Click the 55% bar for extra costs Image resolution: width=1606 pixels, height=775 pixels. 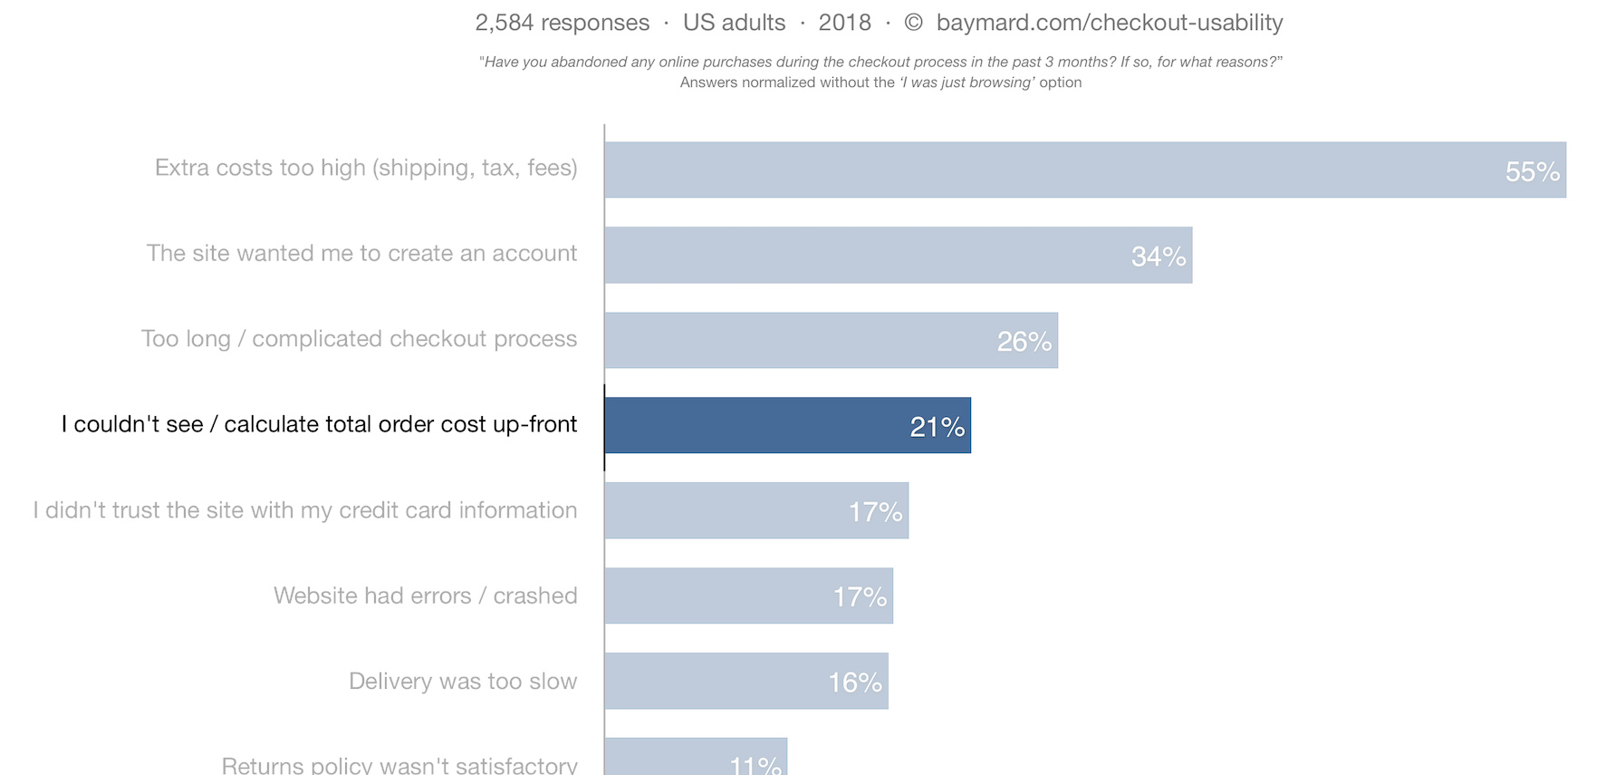coord(1084,170)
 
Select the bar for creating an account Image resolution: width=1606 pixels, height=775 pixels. coord(898,255)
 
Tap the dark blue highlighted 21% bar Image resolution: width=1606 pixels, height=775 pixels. coord(787,425)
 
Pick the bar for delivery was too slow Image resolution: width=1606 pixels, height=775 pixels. coord(745,681)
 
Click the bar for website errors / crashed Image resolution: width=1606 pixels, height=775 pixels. coord(748,596)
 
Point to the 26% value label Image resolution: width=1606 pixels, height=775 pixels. coord(1024,342)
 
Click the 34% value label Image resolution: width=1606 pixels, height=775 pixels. coord(1159,257)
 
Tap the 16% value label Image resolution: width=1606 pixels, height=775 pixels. coord(855,683)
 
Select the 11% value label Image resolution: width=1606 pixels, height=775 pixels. coord(755,765)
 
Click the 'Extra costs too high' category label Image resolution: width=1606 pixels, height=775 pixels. coord(366,168)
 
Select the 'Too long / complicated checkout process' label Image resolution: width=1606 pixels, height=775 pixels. coord(359,339)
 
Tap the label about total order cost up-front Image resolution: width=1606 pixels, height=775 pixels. coord(319,424)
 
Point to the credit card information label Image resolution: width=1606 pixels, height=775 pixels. coord(305,510)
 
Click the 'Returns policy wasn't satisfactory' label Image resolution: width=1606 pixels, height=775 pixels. coord(399,765)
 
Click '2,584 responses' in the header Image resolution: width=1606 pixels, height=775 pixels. coord(562,23)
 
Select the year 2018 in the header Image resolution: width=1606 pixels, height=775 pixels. coord(844,23)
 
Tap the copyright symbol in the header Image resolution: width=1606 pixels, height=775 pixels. coord(913,23)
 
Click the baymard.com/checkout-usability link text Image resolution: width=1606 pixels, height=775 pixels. coord(1110,23)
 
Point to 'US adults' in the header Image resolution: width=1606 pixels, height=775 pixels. coord(734,23)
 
